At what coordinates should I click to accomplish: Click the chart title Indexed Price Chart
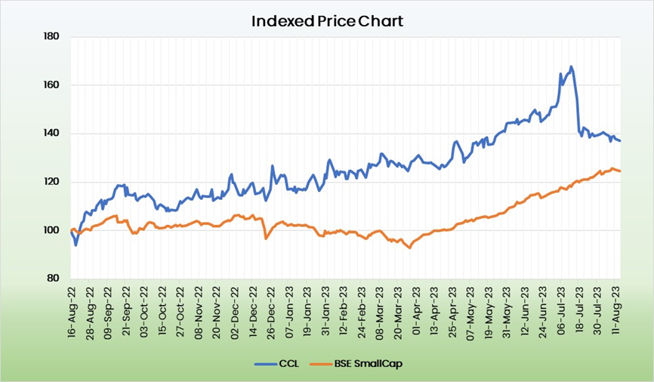327,20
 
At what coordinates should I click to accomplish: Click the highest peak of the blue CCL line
571,66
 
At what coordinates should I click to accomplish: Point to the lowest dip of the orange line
410,248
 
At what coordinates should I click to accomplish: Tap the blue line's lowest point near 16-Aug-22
76,245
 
